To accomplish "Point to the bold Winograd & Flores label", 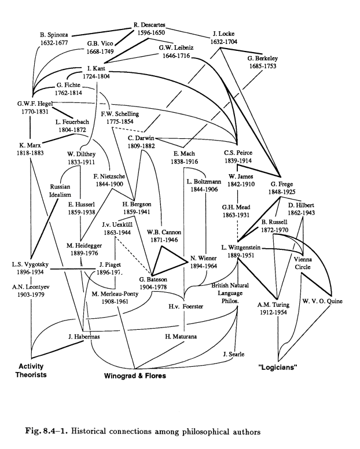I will click(134, 376).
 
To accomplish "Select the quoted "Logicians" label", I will click(277, 367).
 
